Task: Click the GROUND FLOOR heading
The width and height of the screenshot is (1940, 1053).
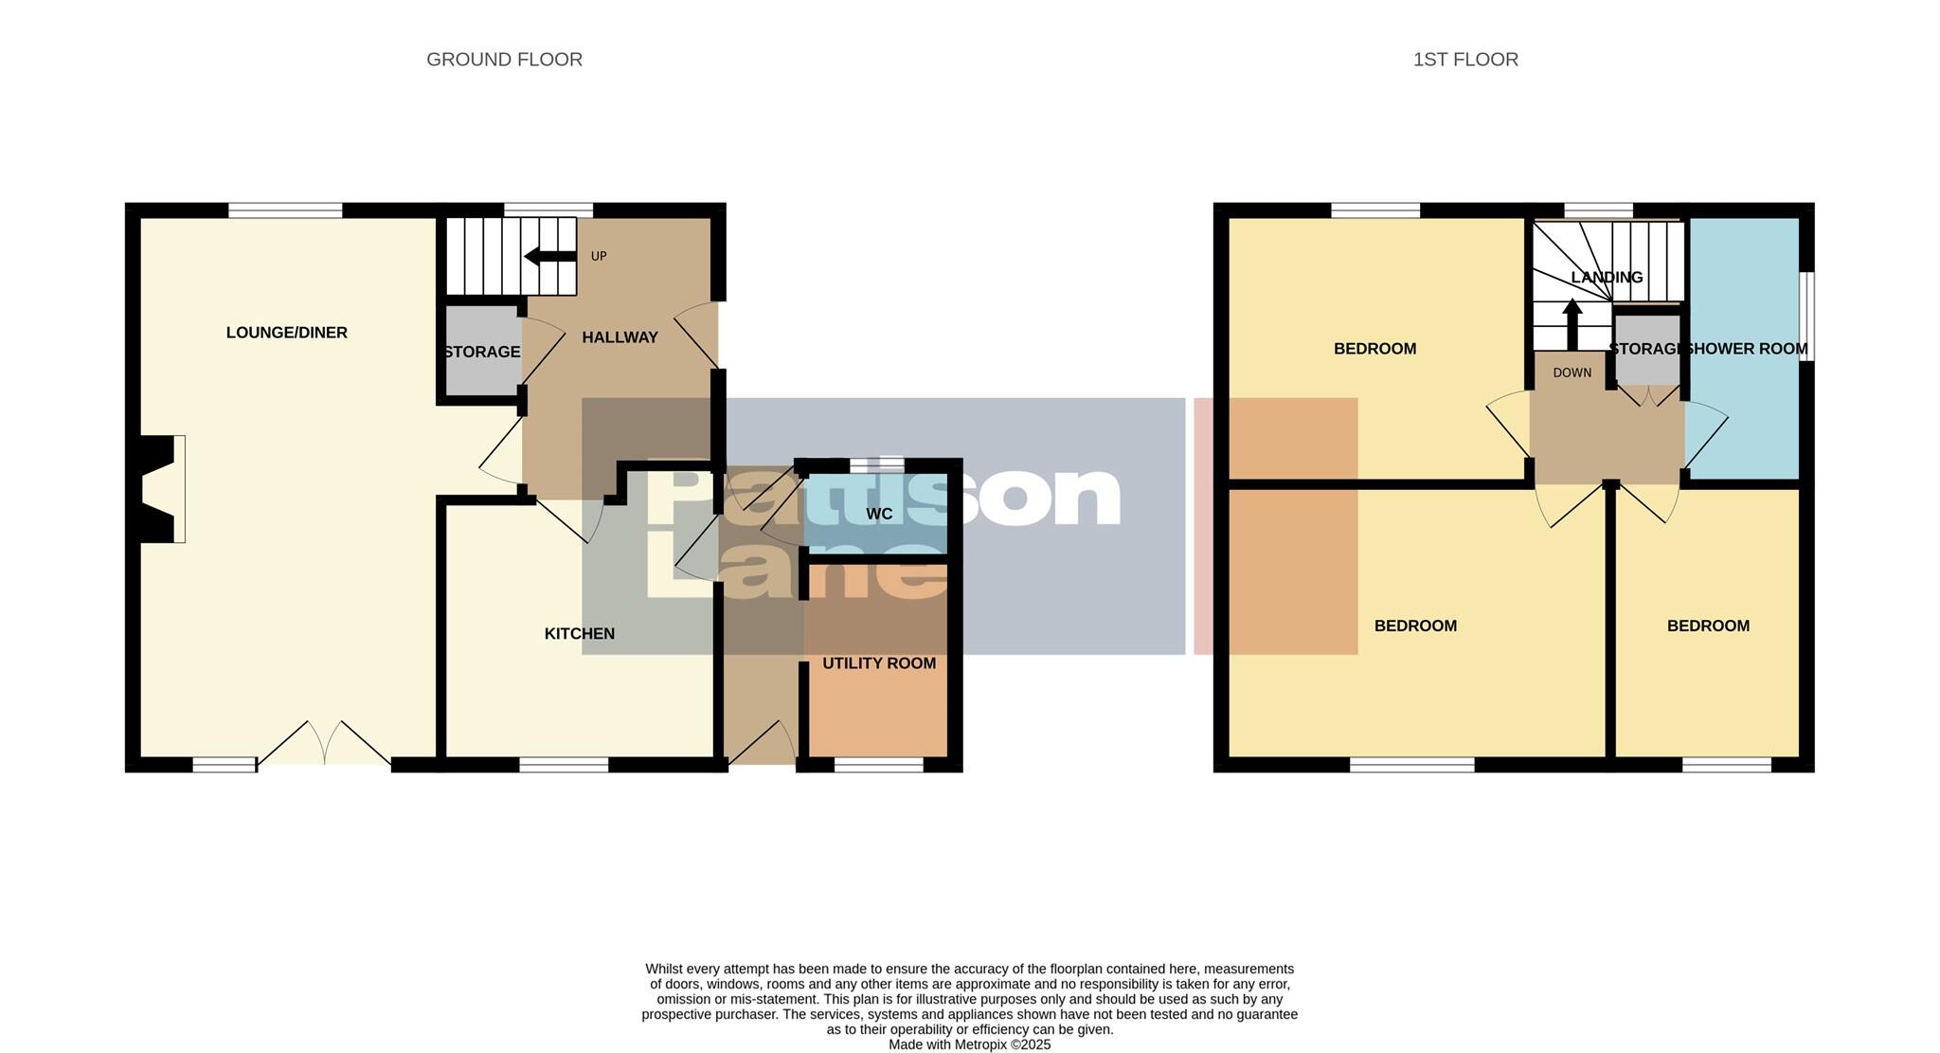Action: (504, 60)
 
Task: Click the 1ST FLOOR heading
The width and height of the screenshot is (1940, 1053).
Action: (1465, 60)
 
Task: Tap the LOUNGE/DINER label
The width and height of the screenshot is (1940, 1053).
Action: (287, 333)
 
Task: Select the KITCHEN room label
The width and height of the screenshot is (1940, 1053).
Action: (580, 634)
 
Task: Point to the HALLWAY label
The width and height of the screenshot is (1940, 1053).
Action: (620, 337)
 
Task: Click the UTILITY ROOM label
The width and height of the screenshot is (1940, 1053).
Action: (879, 663)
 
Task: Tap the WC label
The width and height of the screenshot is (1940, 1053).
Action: (879, 515)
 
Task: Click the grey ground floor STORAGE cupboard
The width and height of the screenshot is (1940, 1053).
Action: (482, 351)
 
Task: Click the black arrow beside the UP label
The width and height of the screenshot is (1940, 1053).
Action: (549, 256)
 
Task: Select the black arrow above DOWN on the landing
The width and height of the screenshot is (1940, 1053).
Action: (1572, 324)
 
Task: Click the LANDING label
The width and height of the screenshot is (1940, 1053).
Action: (1607, 278)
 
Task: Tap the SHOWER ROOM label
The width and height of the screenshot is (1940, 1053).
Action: (1748, 349)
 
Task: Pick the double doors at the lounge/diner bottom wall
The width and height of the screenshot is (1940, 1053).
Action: (324, 744)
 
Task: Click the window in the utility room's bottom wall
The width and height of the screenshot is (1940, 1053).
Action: (878, 765)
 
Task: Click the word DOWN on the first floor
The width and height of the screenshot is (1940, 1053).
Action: (1572, 373)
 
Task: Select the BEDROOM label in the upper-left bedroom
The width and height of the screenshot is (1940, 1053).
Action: (1374, 349)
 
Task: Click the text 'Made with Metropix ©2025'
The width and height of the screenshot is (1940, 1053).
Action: (969, 1044)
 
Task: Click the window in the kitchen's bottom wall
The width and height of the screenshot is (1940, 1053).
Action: (564, 765)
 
